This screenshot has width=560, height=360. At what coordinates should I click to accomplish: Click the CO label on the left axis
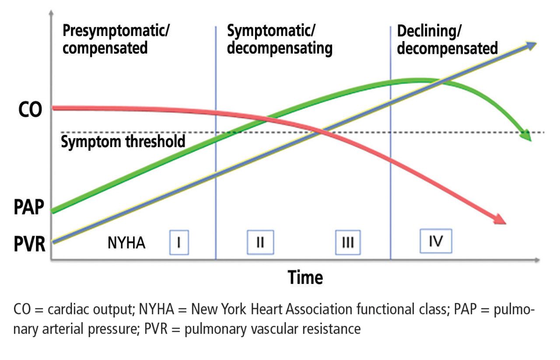[30, 109]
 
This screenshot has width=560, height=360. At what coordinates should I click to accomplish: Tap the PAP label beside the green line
[29, 207]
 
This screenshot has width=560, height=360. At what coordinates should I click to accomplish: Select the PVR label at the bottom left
[30, 244]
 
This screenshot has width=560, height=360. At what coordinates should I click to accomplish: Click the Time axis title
[305, 277]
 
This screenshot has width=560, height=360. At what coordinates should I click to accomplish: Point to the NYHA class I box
[179, 242]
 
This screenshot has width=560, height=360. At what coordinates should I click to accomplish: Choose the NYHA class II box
[260, 242]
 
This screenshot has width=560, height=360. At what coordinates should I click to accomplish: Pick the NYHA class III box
[348, 242]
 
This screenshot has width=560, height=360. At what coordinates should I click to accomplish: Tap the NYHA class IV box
[436, 241]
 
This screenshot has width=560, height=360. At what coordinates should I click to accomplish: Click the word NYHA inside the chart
[126, 243]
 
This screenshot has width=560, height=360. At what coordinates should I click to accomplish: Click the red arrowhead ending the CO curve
[499, 220]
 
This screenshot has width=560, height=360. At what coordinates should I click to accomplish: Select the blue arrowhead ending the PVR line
[530, 46]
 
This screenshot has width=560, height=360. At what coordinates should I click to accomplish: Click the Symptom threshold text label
[123, 141]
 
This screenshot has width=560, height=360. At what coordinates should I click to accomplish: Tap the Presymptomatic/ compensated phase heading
[116, 39]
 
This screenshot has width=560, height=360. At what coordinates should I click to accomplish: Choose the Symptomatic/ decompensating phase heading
[280, 39]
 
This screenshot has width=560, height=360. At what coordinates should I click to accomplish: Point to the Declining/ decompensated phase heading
[447, 40]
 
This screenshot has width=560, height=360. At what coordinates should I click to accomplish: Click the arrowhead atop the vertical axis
[51, 13]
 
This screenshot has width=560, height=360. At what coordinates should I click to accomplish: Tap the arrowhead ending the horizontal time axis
[537, 260]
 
